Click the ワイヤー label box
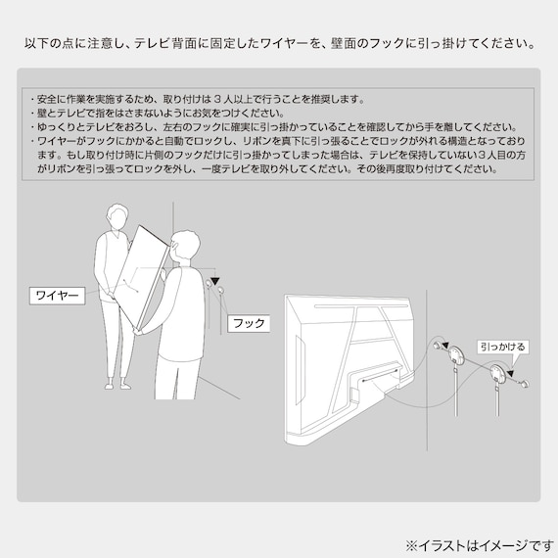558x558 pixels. (x=56, y=294)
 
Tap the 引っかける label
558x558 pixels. (x=501, y=346)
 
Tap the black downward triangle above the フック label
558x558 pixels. (x=214, y=280)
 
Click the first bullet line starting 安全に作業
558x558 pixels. (x=196, y=99)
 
